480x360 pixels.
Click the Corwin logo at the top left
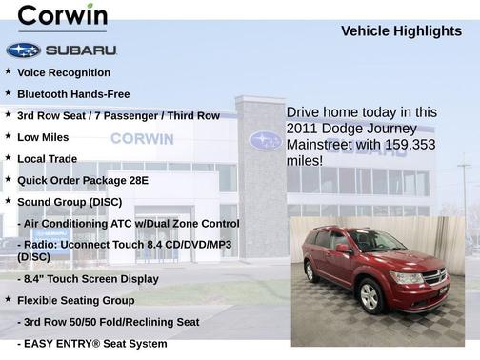(63, 17)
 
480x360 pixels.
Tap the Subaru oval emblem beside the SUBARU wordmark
(23, 50)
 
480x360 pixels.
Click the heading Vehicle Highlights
(401, 30)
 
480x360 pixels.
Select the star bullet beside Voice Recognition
(8, 71)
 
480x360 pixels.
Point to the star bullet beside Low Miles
(8, 136)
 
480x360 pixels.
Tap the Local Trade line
(47, 158)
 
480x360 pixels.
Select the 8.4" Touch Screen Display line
(88, 279)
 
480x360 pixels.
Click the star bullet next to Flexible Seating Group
(8, 299)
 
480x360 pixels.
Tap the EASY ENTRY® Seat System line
(91, 343)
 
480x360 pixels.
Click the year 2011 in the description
(302, 129)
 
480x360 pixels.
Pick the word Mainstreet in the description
(320, 145)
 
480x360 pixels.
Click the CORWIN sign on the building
(142, 139)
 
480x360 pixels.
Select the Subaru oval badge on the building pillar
(265, 140)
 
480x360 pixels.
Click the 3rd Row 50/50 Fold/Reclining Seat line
(108, 322)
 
